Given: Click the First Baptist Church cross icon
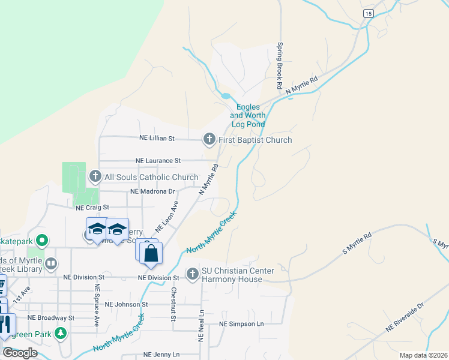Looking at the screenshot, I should click(209, 140).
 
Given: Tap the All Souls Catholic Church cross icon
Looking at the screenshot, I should click(95, 177).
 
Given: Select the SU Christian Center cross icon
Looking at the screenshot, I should click(193, 274).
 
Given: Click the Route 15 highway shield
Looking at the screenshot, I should click(368, 13).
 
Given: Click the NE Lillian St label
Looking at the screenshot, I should click(157, 138).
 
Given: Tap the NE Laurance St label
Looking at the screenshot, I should click(158, 161).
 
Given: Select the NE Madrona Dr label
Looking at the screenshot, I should click(152, 191).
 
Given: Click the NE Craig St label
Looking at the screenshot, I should click(93, 208).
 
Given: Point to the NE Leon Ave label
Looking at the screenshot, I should click(167, 217).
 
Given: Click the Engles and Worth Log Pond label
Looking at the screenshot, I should click(247, 115).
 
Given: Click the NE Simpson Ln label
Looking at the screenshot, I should click(241, 323).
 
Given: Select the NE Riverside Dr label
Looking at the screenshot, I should click(405, 316).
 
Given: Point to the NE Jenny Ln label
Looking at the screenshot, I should click(161, 355).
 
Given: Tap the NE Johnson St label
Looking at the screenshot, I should click(125, 304).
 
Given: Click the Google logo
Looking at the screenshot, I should click(19, 353).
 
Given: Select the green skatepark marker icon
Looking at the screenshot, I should click(41, 241).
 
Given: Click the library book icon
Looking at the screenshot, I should click(51, 263).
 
